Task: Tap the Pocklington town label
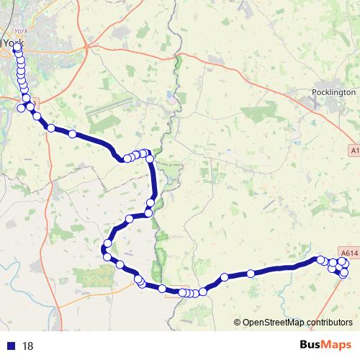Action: [334, 93]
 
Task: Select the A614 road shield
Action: [348, 253]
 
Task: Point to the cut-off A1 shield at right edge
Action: [355, 150]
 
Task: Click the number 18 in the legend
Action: [28, 346]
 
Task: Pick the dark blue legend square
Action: [10, 346]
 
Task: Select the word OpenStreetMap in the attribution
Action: [273, 323]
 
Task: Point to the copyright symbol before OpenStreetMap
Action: [237, 323]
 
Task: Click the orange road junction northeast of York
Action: [88, 46]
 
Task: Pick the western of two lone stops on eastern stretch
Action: [224, 276]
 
